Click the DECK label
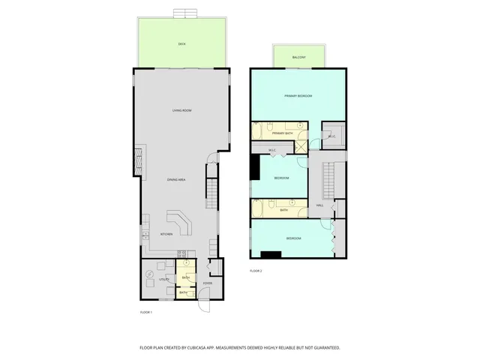pos(181,45)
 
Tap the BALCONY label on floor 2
pos(299,57)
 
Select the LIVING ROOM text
pos(181,111)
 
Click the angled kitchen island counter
pos(180,222)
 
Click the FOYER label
pos(207,283)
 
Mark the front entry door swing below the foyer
pos(202,304)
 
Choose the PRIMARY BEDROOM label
pos(298,96)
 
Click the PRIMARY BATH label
pos(282,133)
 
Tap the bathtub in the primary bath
pos(257,133)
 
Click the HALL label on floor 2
pos(319,205)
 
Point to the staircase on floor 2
pos(328,180)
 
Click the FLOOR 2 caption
pos(256,270)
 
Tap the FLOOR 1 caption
pos(146,311)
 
